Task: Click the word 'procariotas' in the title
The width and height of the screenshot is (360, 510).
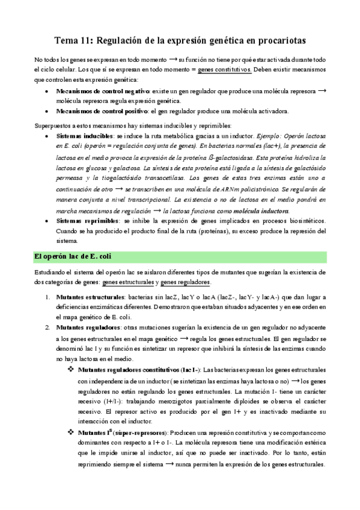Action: [275, 40]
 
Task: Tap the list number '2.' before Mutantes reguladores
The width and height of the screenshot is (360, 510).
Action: [48, 328]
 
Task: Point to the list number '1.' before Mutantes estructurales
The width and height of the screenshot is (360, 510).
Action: [48, 297]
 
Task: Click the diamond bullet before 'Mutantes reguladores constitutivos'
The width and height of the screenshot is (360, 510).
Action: [71, 369]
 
